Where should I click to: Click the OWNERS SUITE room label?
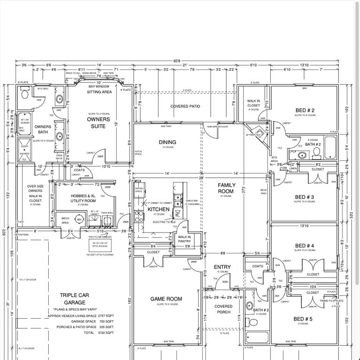click(99, 122)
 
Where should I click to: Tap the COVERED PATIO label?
click(185, 106)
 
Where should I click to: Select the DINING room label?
click(167, 142)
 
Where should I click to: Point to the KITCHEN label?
click(158, 209)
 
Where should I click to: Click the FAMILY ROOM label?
click(226, 188)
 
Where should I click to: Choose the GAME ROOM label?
click(166, 299)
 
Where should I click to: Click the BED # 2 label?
click(305, 111)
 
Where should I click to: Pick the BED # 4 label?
click(305, 246)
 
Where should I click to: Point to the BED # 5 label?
click(303, 319)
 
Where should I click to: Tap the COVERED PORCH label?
click(223, 309)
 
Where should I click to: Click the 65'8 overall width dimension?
click(176, 60)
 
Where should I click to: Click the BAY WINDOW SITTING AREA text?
click(99, 90)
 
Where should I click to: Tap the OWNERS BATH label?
click(43, 129)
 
